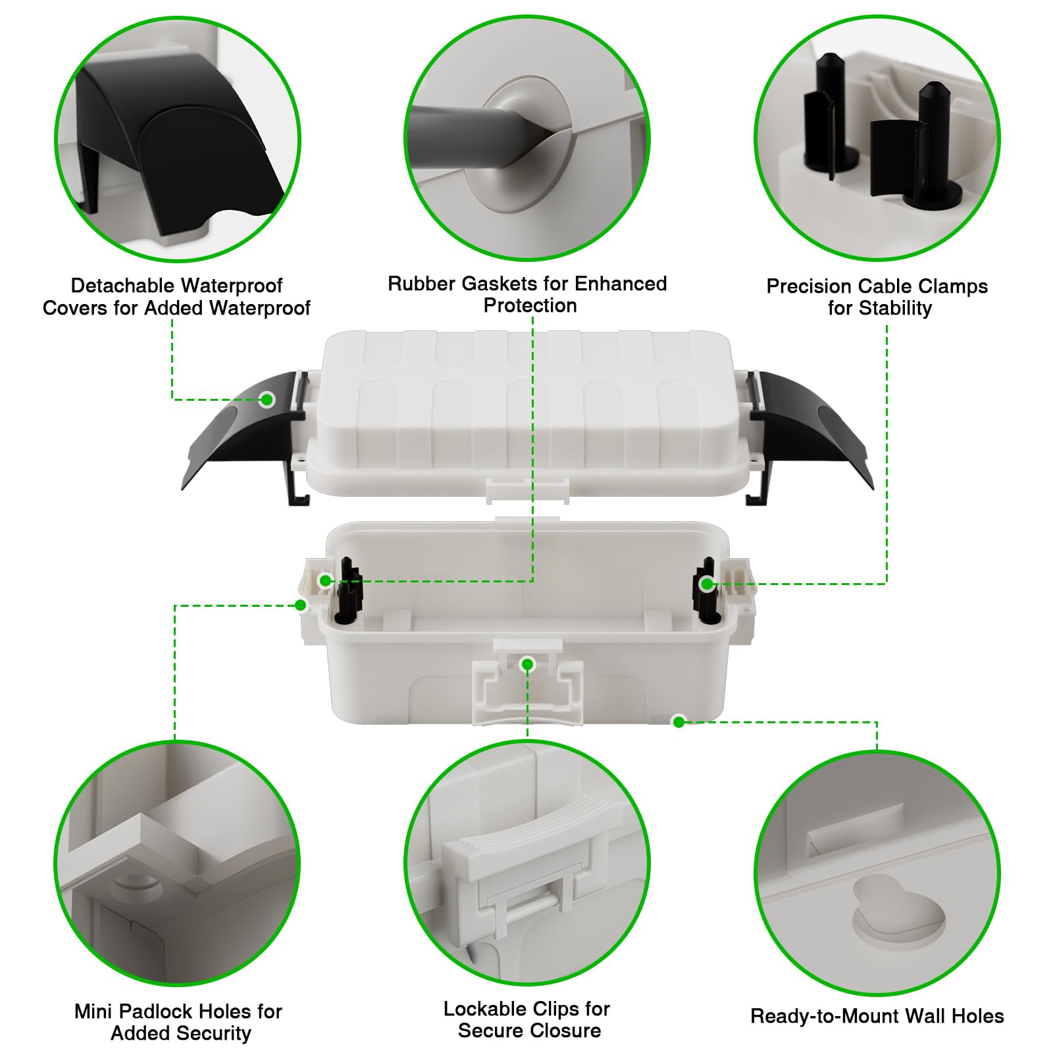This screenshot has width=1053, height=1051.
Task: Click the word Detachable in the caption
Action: [116, 285]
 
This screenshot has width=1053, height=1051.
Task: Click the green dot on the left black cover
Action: [267, 399]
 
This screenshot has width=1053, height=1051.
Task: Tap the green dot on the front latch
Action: [527, 665]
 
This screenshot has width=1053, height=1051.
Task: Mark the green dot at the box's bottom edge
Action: [679, 722]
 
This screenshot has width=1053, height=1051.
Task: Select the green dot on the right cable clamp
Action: [707, 584]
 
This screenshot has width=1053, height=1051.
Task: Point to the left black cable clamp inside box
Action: [349, 590]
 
